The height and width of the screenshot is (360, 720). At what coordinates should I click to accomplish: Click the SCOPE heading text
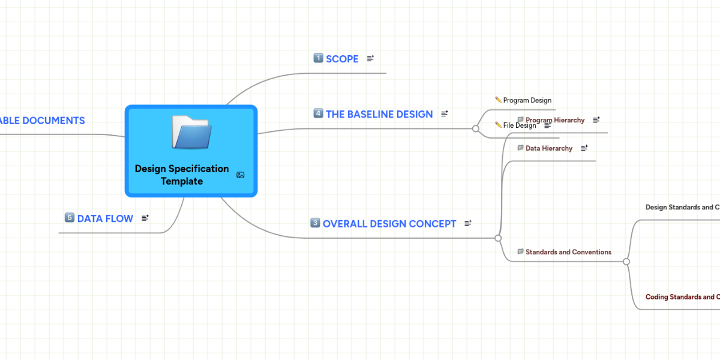click(x=342, y=59)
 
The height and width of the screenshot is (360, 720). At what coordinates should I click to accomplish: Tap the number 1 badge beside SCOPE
click(x=319, y=58)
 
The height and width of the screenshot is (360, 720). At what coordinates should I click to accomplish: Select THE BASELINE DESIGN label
click(x=379, y=114)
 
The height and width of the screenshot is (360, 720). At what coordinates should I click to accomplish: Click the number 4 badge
click(x=319, y=113)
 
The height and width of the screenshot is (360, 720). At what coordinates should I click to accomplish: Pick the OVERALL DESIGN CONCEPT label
click(x=389, y=224)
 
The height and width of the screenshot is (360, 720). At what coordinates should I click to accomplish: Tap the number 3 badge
click(x=316, y=223)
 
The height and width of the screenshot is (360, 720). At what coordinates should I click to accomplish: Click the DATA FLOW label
click(x=105, y=218)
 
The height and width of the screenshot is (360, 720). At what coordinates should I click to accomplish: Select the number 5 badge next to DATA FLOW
click(x=70, y=218)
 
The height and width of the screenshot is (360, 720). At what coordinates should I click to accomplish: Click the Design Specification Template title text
click(x=182, y=175)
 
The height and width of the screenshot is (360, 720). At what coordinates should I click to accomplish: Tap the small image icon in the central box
click(x=241, y=175)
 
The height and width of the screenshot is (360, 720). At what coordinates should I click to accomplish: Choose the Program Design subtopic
click(x=527, y=100)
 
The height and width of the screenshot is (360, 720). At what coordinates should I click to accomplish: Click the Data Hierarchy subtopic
click(x=548, y=148)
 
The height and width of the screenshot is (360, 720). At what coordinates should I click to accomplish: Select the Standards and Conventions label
click(x=568, y=252)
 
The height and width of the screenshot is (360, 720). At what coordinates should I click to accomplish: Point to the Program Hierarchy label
click(x=555, y=120)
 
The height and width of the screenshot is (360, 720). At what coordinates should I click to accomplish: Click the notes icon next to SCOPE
click(x=370, y=59)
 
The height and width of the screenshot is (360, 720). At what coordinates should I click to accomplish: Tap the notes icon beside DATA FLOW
click(x=145, y=218)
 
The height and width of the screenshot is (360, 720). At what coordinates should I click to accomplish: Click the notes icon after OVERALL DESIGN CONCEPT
click(x=468, y=224)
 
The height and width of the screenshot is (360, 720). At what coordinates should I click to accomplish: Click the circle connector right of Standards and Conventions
click(x=626, y=262)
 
